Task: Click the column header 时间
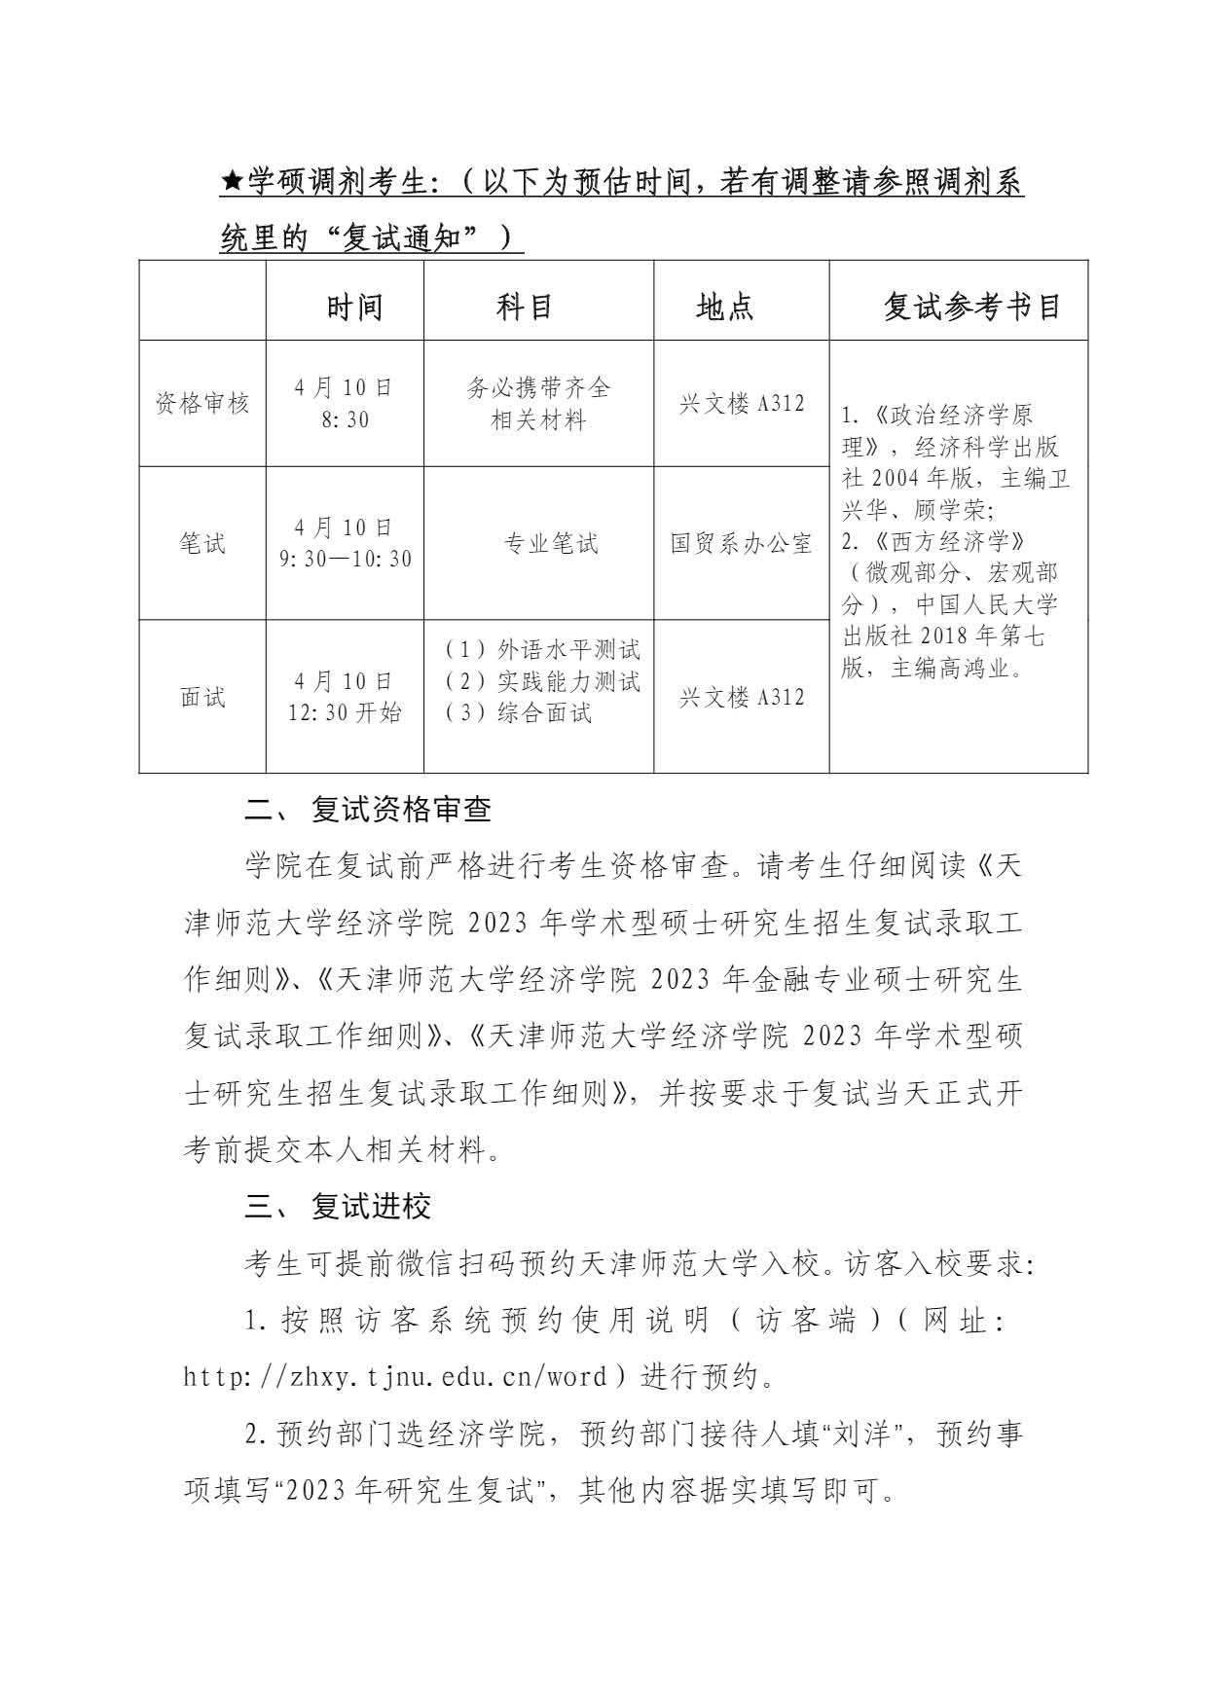pos(354,308)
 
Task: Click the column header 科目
pos(525,308)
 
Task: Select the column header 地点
pos(725,308)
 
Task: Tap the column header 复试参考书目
pos(971,308)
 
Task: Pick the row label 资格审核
pos(202,404)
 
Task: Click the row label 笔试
pos(202,543)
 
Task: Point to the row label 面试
pos(202,697)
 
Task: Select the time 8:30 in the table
pos(345,420)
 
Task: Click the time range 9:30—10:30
pos(345,560)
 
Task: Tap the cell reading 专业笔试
pos(551,544)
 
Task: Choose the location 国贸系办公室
pos(742,544)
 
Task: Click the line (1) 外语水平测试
pos(542,650)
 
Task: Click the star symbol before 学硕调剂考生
pos(232,182)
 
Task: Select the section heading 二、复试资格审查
pos(367,810)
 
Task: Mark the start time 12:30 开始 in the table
pos(345,713)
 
